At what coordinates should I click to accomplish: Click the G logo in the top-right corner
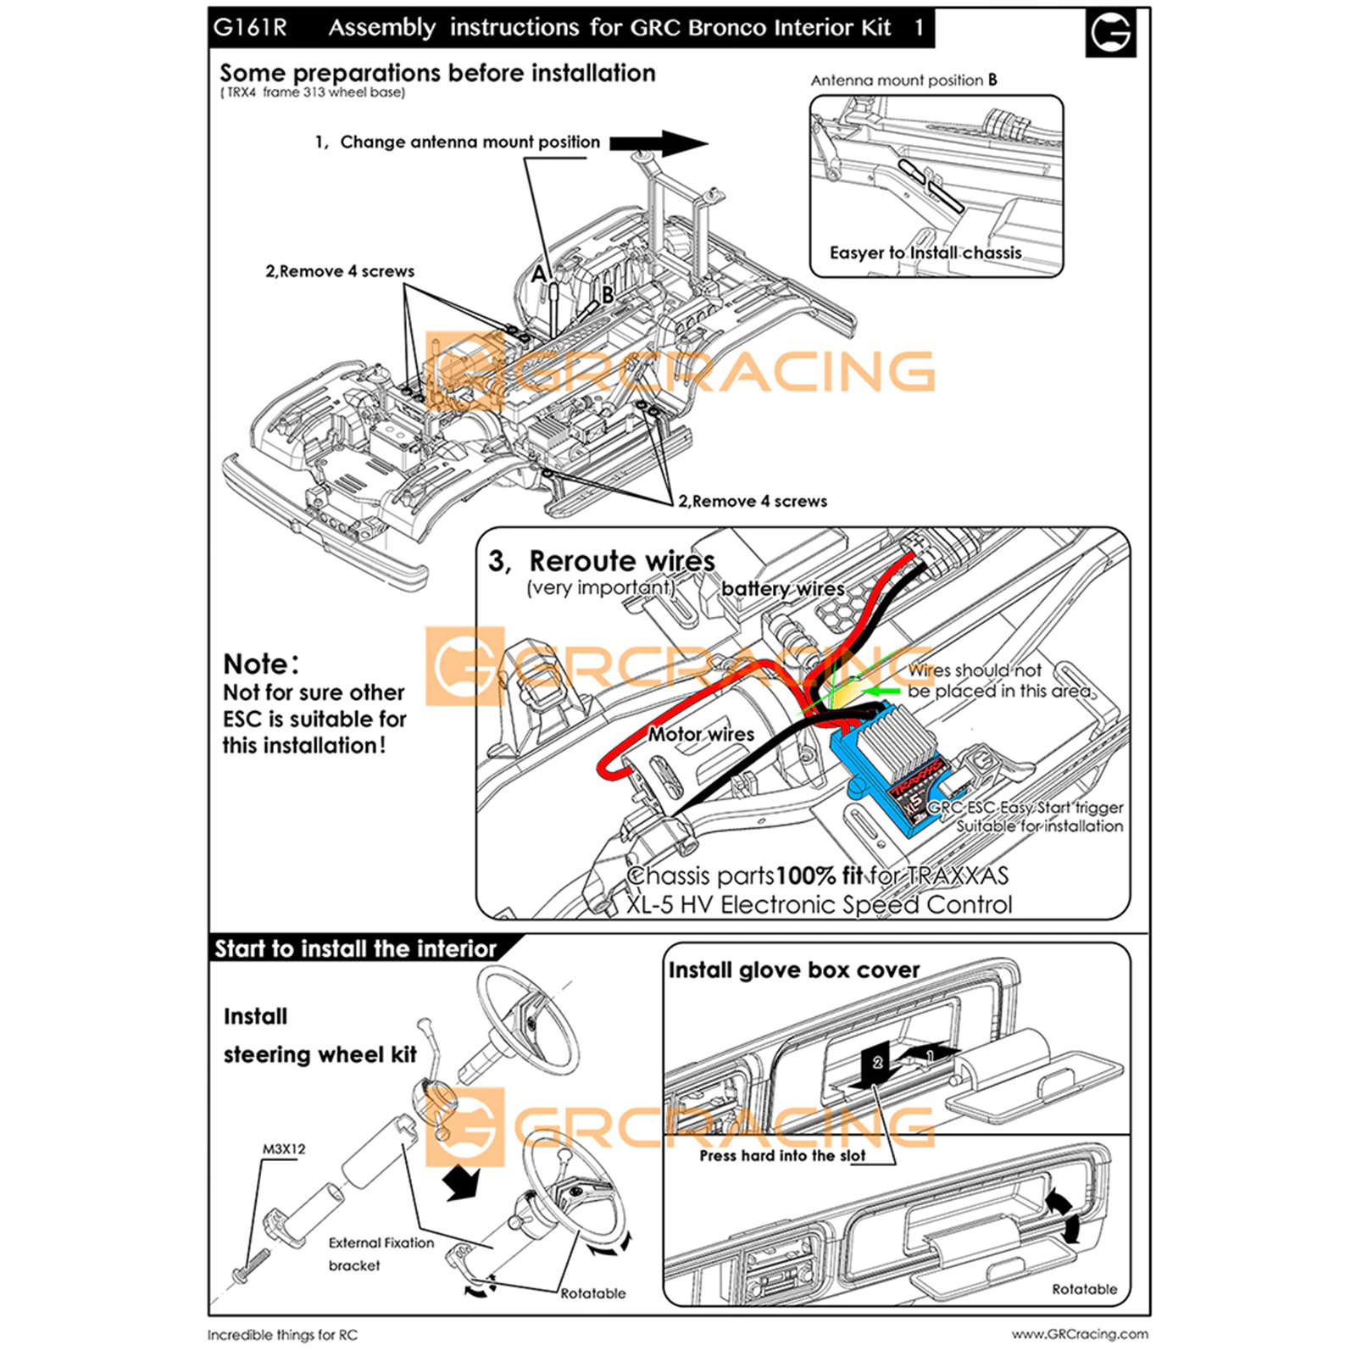click(x=1110, y=33)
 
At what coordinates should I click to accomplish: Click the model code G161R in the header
click(x=250, y=28)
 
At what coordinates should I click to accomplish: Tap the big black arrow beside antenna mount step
click(x=659, y=143)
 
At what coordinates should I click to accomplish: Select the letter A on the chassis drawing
click(x=539, y=274)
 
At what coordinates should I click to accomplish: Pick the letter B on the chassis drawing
click(x=608, y=295)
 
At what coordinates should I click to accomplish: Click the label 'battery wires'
click(x=782, y=589)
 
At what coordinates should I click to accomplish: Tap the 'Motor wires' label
click(x=701, y=734)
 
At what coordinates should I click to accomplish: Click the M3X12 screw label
click(x=284, y=1149)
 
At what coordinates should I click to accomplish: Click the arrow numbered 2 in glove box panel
click(x=877, y=1064)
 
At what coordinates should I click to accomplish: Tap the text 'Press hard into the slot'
click(x=782, y=1156)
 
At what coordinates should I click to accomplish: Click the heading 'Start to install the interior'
click(x=355, y=948)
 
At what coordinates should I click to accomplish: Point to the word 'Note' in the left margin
click(x=256, y=664)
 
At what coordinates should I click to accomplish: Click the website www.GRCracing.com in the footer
click(x=1080, y=1334)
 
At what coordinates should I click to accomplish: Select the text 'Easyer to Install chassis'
click(x=925, y=253)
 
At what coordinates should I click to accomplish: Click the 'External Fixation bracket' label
click(x=381, y=1253)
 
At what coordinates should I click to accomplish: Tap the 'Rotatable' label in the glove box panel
click(x=1084, y=1289)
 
